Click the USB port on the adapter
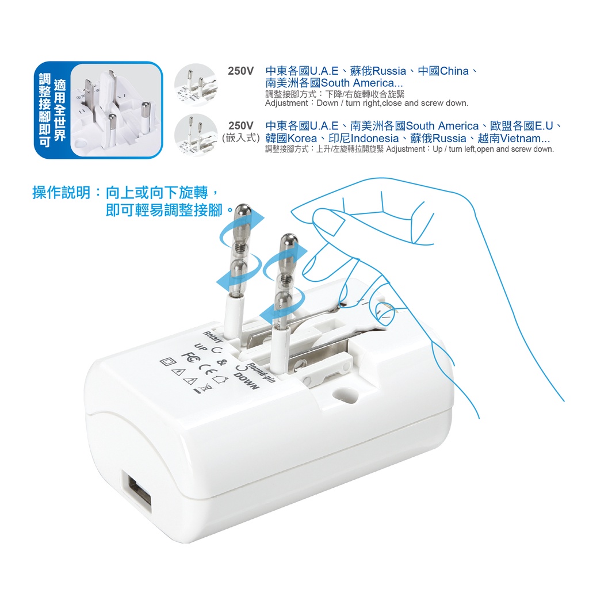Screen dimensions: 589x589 click(x=139, y=496)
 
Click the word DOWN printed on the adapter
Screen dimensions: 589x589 click(x=246, y=381)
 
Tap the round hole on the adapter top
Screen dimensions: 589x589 click(x=345, y=395)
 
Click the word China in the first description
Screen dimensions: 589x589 click(x=454, y=71)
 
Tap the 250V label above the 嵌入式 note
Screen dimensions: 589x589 click(x=241, y=125)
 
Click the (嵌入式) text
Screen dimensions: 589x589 click(x=241, y=138)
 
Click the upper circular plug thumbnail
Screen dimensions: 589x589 click(x=196, y=85)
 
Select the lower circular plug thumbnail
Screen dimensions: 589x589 click(x=196, y=135)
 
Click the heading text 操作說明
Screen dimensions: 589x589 click(x=61, y=193)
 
